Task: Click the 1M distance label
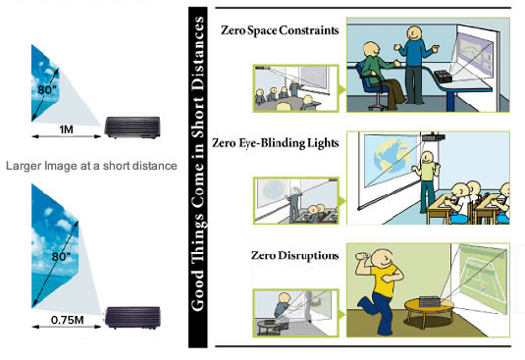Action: click(66, 129)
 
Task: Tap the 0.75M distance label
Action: click(68, 320)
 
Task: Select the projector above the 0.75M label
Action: click(132, 317)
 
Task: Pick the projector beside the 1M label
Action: click(132, 128)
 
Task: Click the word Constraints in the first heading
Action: click(309, 30)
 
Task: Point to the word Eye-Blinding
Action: click(272, 143)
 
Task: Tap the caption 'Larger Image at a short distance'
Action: click(91, 166)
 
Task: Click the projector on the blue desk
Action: click(444, 77)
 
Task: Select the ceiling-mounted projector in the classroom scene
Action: click(434, 136)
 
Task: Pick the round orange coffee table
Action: click(429, 309)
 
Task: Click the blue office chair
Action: click(372, 85)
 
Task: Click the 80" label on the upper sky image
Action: click(47, 89)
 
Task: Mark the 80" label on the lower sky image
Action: click(61, 257)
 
